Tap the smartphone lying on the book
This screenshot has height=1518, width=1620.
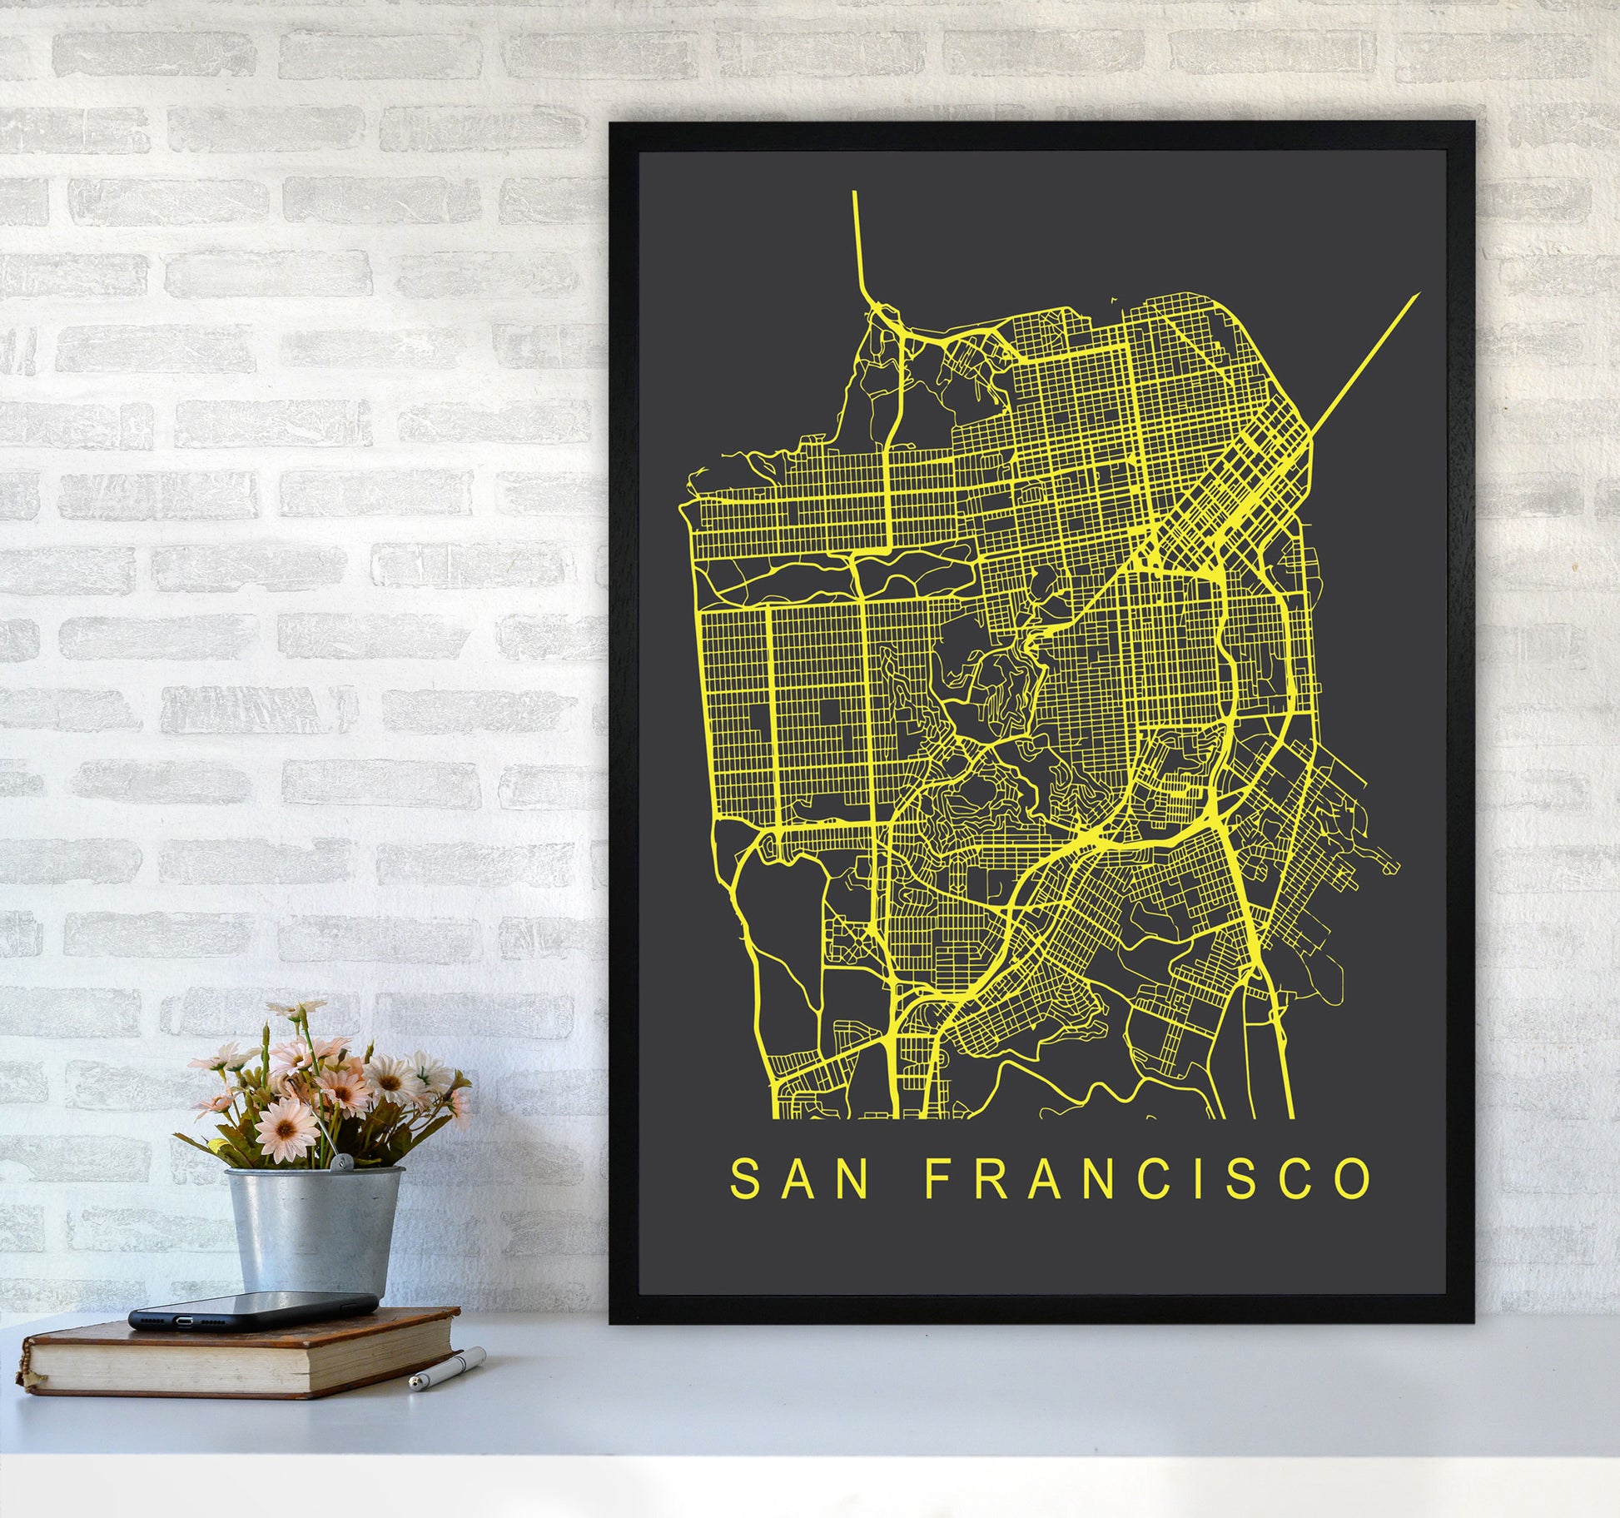pyautogui.click(x=252, y=1313)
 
